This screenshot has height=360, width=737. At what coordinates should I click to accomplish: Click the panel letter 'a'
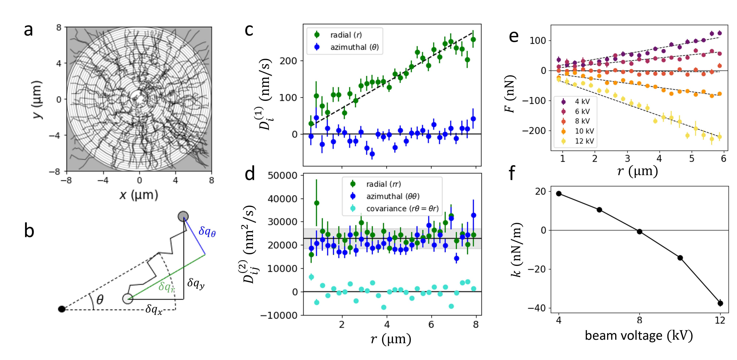28,30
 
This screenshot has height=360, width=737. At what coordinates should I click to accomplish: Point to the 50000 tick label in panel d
282,175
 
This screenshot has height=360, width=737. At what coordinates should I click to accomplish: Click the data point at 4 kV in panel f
559,194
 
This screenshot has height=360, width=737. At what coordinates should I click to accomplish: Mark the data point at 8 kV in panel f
639,231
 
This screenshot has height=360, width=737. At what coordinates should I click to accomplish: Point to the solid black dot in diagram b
61,309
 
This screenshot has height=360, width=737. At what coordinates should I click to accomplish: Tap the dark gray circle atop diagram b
183,216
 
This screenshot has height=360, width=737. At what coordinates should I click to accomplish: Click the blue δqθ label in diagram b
207,231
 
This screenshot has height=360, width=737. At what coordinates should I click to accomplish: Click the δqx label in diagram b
154,309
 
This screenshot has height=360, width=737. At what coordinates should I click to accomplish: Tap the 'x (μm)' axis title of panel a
139,195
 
